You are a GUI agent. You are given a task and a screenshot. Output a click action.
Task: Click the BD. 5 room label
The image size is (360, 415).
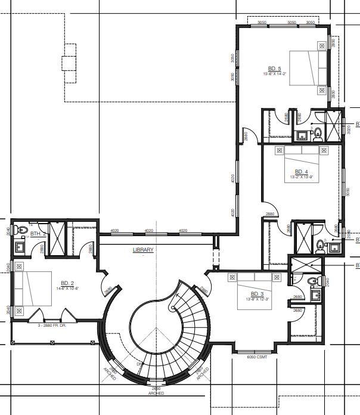click(x=275, y=68)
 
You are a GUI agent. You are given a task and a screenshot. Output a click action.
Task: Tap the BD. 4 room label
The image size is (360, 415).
click(x=302, y=171)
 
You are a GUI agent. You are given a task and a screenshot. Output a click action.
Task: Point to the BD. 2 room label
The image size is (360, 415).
click(x=67, y=283)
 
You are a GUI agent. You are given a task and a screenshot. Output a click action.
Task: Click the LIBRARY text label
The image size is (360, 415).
click(x=143, y=250)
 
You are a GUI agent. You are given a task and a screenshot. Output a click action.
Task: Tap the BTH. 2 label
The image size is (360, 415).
click(x=38, y=234)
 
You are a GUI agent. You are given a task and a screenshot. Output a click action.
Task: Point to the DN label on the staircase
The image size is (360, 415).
click(x=139, y=364)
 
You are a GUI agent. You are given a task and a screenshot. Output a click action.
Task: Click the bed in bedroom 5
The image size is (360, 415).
click(x=309, y=69)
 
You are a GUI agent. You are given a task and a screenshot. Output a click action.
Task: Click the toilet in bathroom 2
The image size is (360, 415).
click(x=23, y=230)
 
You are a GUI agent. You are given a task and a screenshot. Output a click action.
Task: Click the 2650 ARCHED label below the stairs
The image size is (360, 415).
click(x=156, y=391)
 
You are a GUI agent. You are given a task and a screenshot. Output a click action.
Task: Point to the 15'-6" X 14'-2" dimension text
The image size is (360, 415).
click(x=275, y=74)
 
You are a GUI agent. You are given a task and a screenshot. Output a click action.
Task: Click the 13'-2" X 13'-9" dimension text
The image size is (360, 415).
click(x=302, y=177)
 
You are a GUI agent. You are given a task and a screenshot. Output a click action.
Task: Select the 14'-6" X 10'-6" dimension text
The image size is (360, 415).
click(x=67, y=289)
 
